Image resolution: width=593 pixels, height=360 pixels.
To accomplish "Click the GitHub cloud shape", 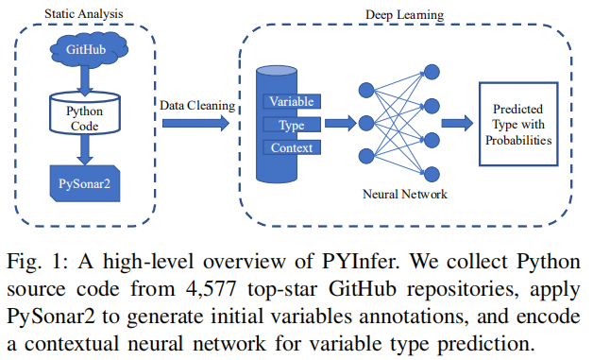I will tap(84, 48).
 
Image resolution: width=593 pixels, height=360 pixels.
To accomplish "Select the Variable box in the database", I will tap(292, 101).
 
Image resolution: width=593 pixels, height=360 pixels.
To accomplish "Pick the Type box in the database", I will tap(292, 124).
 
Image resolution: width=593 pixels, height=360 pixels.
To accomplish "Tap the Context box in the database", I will tap(292, 146).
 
